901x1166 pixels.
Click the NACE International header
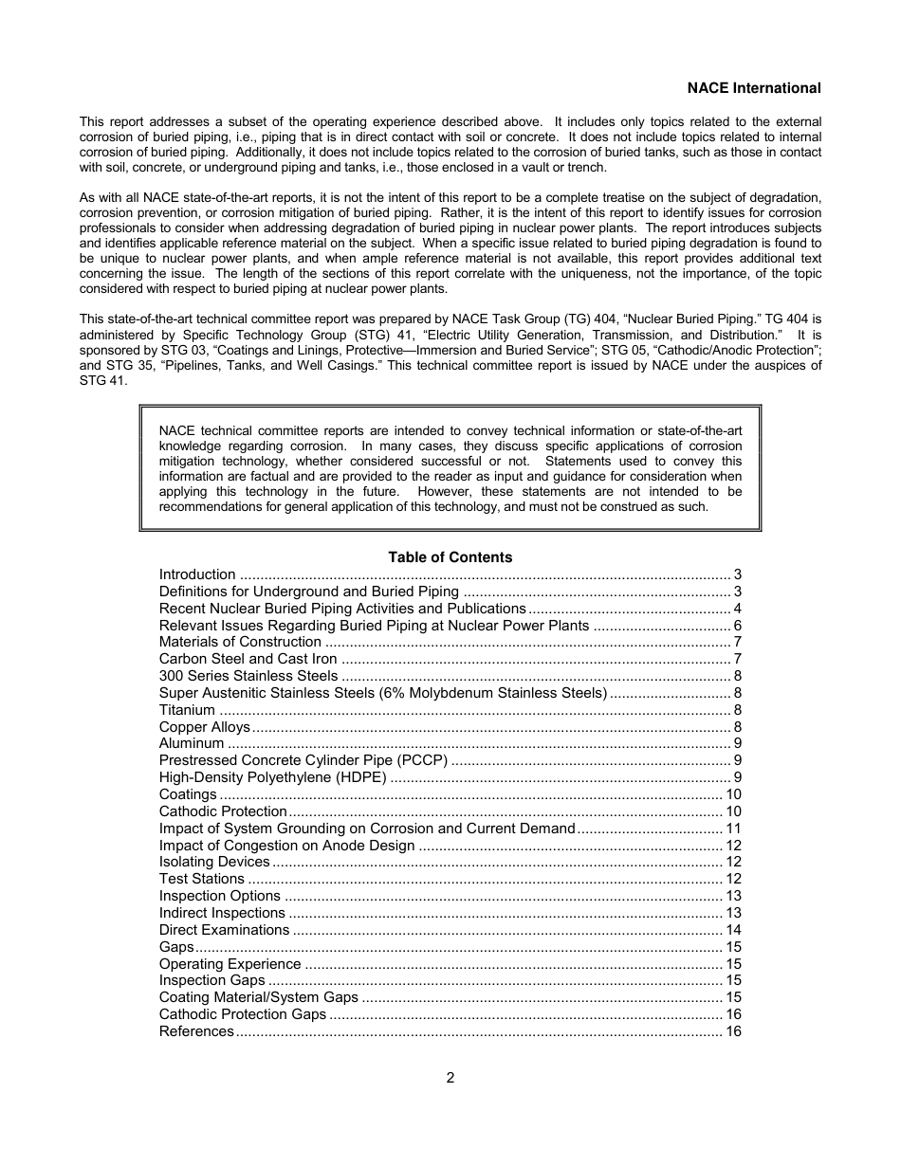754,88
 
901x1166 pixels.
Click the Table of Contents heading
450,557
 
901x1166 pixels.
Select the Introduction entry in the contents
197,574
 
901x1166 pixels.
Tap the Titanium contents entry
187,710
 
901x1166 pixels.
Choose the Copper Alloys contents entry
204,727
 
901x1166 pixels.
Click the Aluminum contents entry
192,743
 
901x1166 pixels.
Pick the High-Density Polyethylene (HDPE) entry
273,777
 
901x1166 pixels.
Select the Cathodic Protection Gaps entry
243,1014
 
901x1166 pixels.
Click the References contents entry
196,1031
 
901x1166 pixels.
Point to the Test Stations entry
202,879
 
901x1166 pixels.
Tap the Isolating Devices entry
214,862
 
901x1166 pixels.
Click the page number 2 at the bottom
450,1078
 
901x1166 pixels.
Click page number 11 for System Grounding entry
733,829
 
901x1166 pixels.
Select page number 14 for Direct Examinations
733,930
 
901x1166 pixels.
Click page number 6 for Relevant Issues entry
737,626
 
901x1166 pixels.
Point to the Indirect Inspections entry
222,913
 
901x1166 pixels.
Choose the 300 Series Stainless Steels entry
248,676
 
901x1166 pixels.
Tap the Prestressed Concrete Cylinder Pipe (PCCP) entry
303,760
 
